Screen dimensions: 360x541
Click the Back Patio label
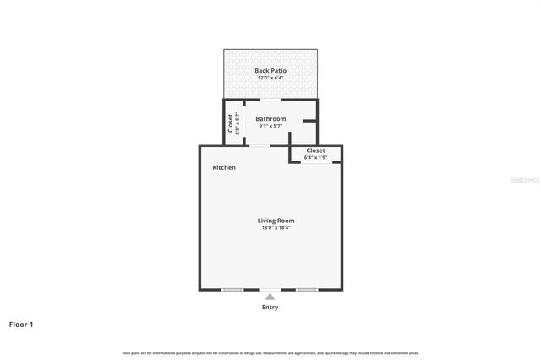click(x=270, y=70)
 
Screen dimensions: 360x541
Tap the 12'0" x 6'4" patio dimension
click(x=270, y=78)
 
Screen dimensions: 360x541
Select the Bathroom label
click(x=270, y=119)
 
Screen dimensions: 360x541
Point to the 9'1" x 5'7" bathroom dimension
click(x=270, y=127)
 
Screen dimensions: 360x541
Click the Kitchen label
click(x=224, y=167)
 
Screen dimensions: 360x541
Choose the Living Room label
click(x=276, y=221)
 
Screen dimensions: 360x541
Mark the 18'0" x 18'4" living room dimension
click(x=276, y=228)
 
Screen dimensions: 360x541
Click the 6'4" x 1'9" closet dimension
click(x=315, y=157)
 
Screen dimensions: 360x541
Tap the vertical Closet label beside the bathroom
click(x=230, y=123)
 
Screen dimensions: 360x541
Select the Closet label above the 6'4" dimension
click(x=315, y=150)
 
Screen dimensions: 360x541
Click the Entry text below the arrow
click(x=270, y=307)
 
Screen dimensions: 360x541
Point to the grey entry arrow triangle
click(x=270, y=296)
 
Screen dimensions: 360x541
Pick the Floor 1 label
click(x=21, y=324)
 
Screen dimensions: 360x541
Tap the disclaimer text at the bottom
click(x=270, y=352)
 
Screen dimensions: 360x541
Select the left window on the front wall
click(x=232, y=290)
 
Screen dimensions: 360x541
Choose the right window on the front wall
click(x=307, y=290)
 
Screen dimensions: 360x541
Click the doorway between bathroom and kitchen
click(x=260, y=145)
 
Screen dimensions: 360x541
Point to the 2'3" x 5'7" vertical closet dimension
click(x=238, y=123)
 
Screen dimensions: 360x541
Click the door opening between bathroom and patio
click(x=270, y=100)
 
